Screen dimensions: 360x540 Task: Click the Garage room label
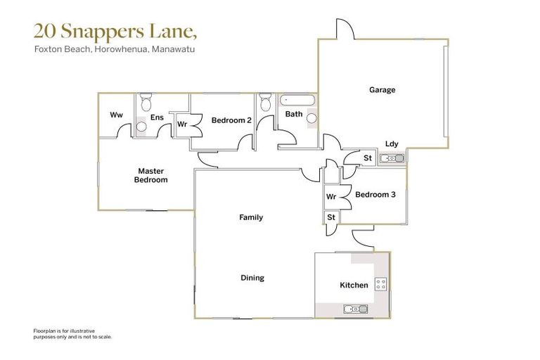382,90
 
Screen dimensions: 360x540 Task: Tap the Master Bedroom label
151,175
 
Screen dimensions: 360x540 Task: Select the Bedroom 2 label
231,120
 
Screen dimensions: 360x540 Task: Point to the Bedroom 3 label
375,195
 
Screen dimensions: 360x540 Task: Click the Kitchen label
354,285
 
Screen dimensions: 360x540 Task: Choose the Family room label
251,217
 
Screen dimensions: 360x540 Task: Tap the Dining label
252,278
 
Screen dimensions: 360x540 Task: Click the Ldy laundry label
392,144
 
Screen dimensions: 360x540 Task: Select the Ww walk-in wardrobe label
117,115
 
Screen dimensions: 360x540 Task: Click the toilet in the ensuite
146,103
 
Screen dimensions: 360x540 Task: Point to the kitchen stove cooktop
380,285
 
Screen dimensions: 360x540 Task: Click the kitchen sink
354,309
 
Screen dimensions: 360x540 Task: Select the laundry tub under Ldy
392,158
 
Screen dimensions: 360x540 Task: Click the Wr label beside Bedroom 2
181,124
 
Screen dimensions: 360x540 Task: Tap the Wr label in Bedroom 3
331,197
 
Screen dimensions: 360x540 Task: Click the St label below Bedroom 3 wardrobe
331,218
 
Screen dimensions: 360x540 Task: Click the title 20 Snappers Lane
116,31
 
